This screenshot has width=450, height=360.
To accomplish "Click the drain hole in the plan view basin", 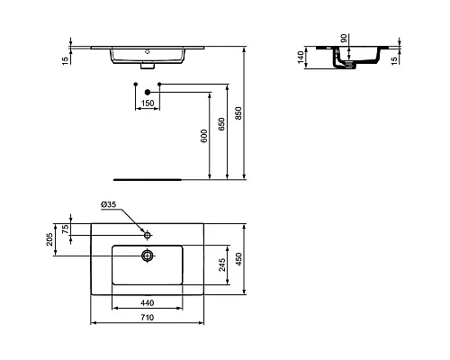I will pos(148,255).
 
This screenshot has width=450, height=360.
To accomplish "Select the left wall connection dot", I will pos(135,85).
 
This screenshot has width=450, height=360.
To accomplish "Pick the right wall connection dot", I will pos(159,85).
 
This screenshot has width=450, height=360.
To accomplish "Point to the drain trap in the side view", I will pos(340,63).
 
